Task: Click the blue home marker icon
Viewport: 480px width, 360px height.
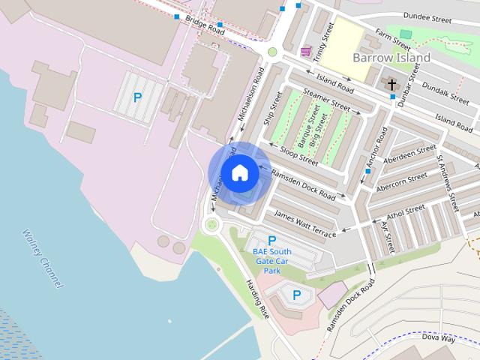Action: point(239,172)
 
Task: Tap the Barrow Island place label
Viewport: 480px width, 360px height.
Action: point(391,58)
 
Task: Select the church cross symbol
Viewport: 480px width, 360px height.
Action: point(391,83)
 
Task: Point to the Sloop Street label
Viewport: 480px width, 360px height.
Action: point(298,154)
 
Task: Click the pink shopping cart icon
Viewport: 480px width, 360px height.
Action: point(305,52)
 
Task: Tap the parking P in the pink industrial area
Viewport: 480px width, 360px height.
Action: point(137,97)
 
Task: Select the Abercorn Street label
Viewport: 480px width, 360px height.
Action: point(401,181)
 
